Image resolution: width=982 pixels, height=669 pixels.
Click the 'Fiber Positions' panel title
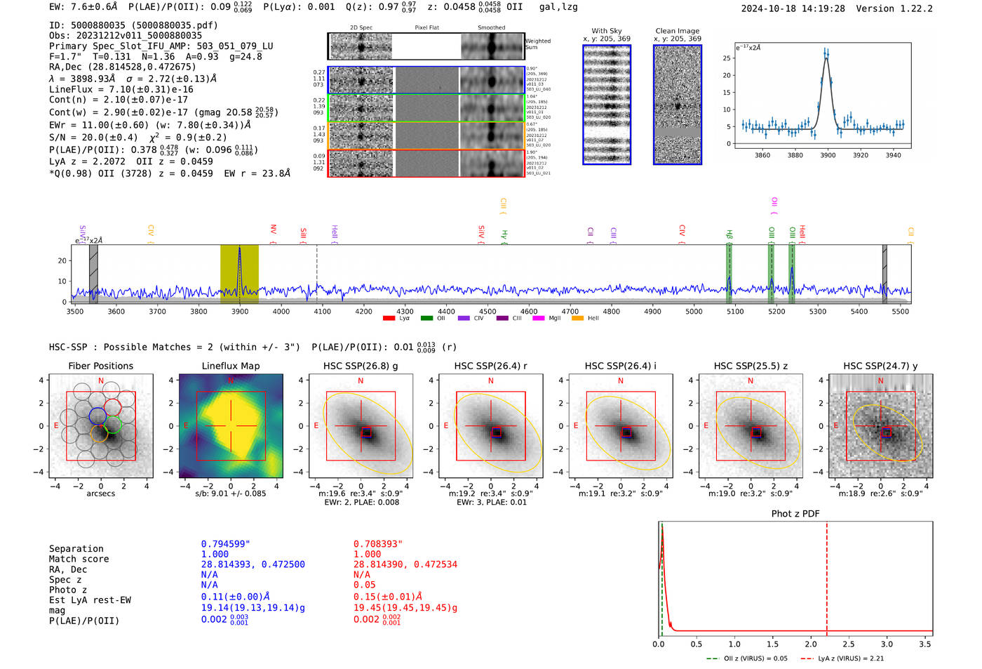100,366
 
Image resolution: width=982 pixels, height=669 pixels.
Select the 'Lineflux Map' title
230,366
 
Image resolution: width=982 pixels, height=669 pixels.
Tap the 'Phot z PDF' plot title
795,514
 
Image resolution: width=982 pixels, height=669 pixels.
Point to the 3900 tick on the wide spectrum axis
240,311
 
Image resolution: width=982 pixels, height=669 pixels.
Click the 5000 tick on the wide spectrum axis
694,311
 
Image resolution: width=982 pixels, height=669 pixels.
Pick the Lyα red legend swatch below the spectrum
389,319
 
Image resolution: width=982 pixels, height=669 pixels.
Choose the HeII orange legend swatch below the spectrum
577,319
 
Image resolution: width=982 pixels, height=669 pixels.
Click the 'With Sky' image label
606,31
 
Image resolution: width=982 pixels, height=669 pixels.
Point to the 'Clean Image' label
677,31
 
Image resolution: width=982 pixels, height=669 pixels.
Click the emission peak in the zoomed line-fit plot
826,54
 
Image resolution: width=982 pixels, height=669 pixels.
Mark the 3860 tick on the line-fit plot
762,155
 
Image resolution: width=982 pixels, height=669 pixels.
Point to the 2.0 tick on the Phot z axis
810,644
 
